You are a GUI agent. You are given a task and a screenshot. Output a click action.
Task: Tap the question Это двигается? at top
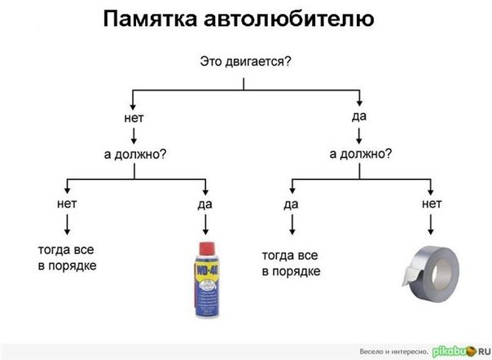tap(245, 62)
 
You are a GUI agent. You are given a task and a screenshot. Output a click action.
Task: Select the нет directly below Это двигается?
tap(134, 118)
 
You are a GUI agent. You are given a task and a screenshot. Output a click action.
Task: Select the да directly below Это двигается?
tap(359, 116)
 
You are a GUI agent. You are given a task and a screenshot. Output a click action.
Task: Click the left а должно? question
tap(134, 153)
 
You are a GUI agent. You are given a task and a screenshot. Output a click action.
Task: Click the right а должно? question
tap(359, 153)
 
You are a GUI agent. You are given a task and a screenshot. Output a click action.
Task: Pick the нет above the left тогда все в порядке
tap(67, 203)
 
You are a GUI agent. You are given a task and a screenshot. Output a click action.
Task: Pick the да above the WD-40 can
tap(204, 204)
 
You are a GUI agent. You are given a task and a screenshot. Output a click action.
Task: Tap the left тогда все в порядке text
tap(68, 257)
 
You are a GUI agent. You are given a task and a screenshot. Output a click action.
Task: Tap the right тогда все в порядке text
tap(291, 262)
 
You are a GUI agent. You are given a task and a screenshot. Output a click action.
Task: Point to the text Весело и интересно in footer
tap(393, 350)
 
